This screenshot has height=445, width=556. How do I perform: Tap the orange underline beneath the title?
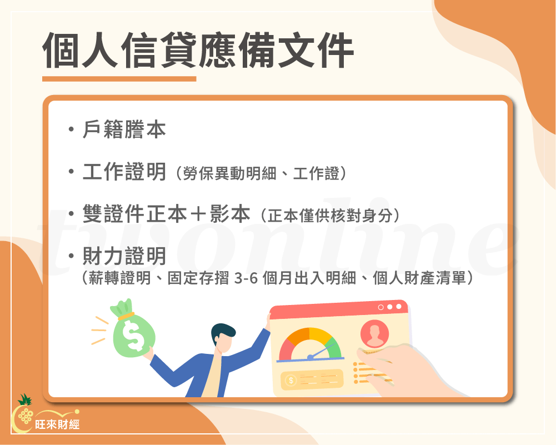pyautogui.click(x=119, y=79)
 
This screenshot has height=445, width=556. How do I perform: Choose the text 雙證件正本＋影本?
pyautogui.click(x=166, y=214)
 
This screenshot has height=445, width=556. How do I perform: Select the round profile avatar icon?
pyautogui.click(x=374, y=334)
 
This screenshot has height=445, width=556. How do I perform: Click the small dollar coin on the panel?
pyautogui.click(x=290, y=381)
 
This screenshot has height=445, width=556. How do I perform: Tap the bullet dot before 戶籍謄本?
pyautogui.click(x=71, y=131)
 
